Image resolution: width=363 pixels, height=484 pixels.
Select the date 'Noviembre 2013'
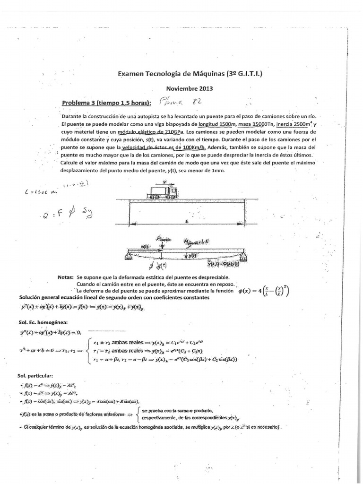[x=190, y=88]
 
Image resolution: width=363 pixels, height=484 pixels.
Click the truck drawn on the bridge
[x=163, y=190]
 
